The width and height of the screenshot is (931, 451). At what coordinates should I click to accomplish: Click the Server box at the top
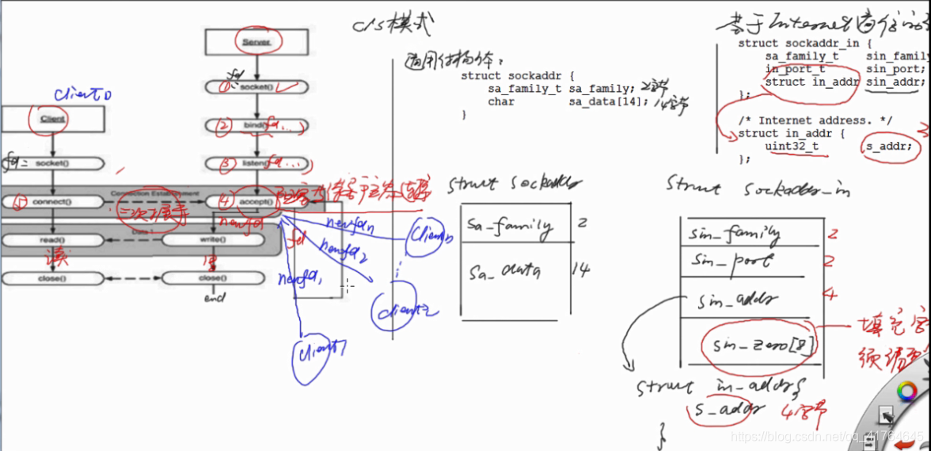(x=256, y=42)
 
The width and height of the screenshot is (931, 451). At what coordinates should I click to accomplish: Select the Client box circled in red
(x=53, y=119)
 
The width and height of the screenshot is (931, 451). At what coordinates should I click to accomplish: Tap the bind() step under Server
(x=255, y=125)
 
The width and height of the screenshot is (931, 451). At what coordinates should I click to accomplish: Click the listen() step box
(x=255, y=164)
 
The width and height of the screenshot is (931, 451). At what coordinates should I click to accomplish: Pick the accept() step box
(x=255, y=201)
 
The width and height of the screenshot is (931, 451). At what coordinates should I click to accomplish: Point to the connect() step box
(x=52, y=201)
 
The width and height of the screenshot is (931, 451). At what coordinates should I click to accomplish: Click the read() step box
(x=52, y=239)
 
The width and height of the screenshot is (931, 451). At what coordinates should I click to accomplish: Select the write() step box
(x=211, y=239)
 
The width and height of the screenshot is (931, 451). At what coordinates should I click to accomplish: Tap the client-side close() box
(x=52, y=278)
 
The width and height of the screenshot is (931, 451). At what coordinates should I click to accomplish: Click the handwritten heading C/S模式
(x=393, y=26)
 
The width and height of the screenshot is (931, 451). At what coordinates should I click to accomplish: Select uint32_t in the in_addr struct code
(x=792, y=146)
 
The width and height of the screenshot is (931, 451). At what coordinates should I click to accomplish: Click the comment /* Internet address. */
(x=815, y=120)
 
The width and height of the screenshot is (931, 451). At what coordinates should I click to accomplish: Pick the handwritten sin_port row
(x=731, y=261)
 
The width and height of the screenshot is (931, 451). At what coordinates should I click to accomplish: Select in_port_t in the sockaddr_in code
(x=795, y=69)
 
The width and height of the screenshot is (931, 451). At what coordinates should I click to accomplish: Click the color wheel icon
(x=906, y=392)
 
